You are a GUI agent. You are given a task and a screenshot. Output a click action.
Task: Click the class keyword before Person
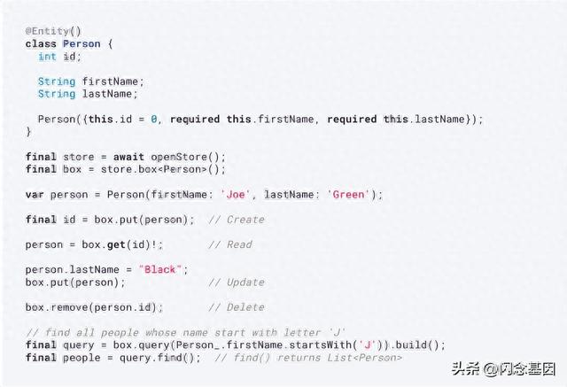tap(41, 43)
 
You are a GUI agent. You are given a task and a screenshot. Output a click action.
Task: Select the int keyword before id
tap(47, 56)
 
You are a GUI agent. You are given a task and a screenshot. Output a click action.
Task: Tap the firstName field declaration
tap(113, 81)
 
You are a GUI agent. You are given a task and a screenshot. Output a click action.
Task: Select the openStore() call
tap(188, 157)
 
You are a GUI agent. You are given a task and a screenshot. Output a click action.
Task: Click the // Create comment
tap(237, 220)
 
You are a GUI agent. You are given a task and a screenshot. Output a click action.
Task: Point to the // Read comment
tap(230, 244)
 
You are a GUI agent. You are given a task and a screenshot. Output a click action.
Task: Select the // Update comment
tap(237, 283)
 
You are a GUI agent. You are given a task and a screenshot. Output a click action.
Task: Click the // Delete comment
tap(237, 307)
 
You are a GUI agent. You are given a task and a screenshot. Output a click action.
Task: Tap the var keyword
tap(35, 195)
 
